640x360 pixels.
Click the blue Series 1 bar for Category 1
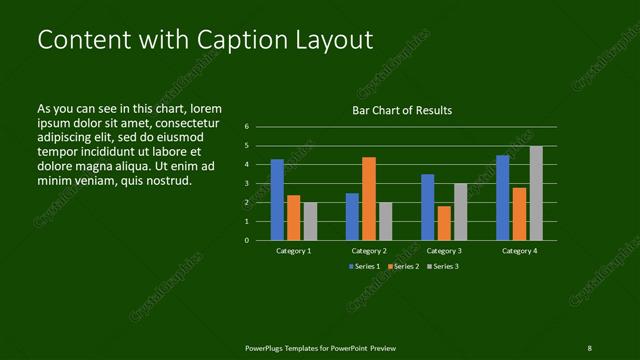[277, 200]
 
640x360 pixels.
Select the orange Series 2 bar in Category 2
[369, 198]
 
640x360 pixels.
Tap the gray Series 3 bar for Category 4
[536, 193]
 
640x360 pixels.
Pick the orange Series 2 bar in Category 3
[444, 223]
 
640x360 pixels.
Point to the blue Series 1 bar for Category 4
[503, 198]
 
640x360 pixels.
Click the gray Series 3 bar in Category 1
[310, 221]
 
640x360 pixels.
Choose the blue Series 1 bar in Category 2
[352, 216]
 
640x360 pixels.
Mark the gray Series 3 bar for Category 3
[460, 212]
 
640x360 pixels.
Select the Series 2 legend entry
[403, 267]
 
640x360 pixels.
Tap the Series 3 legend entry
[443, 267]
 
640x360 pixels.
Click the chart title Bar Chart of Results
[402, 110]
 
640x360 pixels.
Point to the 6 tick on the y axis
[246, 127]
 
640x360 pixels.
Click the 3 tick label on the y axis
[246, 184]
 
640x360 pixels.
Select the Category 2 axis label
[369, 251]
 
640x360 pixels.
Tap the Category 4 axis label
[519, 251]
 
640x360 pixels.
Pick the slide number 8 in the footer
[589, 347]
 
